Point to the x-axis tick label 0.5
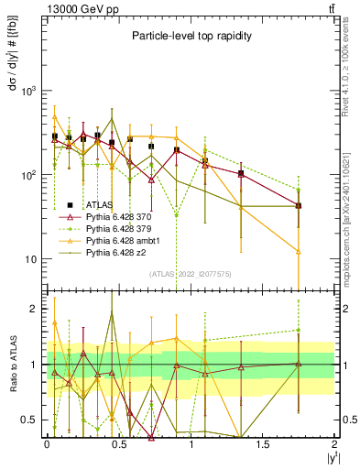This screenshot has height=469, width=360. coord(119,443)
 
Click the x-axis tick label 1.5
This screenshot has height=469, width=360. coord(263,443)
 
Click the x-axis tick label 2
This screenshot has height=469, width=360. coord(335,443)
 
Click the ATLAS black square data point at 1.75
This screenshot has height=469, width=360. coord(299,206)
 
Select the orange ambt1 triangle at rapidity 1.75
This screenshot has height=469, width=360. coord(299,251)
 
